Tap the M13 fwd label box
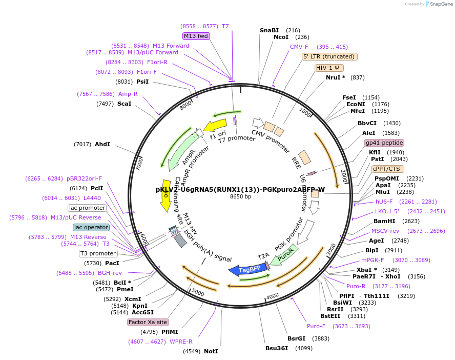point(196,36)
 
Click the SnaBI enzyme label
point(269,30)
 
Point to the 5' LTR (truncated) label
point(329,57)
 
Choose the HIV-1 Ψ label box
point(329,68)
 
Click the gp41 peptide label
point(384,143)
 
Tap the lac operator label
point(91,227)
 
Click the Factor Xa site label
point(148,322)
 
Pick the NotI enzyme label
point(211,351)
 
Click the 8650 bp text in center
point(240,196)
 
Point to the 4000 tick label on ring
point(272,295)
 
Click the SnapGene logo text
point(441,4)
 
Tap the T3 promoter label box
point(98,253)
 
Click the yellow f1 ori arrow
point(215,126)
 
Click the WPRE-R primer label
point(180,341)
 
